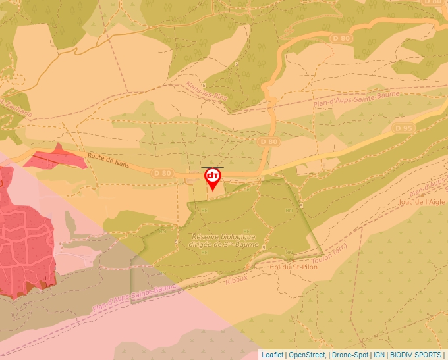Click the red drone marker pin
[x=212, y=178]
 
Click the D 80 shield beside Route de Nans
[x=162, y=172]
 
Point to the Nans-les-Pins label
[x=206, y=91]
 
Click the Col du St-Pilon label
[x=293, y=267]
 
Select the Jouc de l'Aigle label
[x=422, y=202]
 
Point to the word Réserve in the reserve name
[x=206, y=236]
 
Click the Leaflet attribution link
[x=272, y=355]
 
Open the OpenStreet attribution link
[x=306, y=355]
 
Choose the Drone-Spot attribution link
[x=350, y=355]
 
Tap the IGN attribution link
[x=379, y=355]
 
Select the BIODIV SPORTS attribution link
[x=416, y=355]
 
